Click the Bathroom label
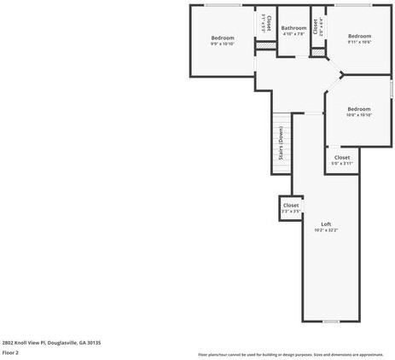293,28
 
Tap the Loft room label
326,224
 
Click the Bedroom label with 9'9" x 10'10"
223,38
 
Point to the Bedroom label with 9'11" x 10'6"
359,36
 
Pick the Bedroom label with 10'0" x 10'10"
358,108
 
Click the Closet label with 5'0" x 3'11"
342,157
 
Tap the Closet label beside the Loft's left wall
291,205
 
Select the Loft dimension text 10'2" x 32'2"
326,230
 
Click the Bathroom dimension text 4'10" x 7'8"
293,35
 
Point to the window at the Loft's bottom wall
331,321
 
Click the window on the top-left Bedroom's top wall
223,5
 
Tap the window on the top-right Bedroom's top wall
358,5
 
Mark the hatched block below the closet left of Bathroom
264,44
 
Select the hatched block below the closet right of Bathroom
317,52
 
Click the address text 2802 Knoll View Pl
51,342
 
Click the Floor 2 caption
10,352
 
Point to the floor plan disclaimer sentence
291,354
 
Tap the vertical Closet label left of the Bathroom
268,23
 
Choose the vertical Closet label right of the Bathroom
316,26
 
